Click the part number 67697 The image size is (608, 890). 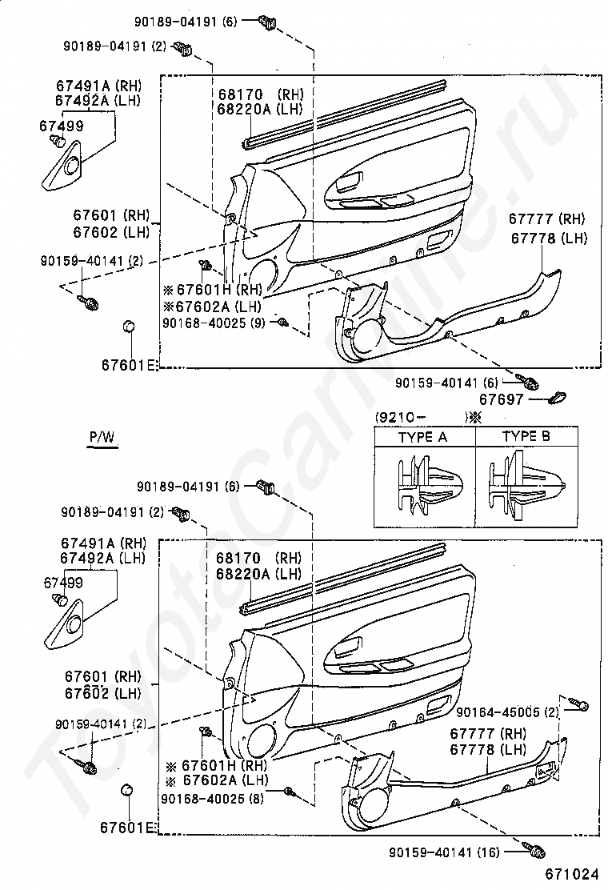(502, 399)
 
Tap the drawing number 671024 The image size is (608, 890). (572, 873)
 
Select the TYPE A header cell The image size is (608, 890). (424, 436)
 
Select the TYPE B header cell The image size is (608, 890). (526, 436)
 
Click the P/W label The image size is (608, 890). (102, 437)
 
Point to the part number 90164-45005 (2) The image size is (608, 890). (508, 712)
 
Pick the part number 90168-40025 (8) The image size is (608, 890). (212, 798)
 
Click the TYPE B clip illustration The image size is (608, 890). (526, 485)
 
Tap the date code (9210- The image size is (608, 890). (400, 417)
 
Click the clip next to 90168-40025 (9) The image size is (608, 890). (282, 323)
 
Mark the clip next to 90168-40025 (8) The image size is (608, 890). (290, 792)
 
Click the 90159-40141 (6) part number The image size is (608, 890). (446, 383)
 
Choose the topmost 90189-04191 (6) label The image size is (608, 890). (185, 22)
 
